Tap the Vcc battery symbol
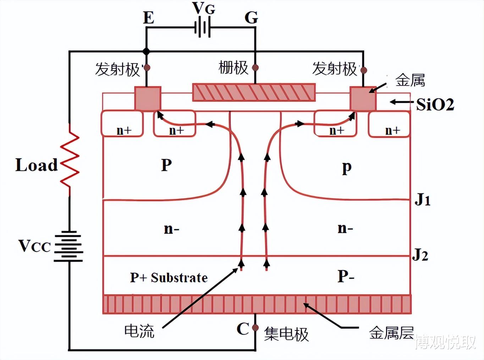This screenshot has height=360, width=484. click(68, 246)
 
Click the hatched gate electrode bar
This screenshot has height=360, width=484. click(254, 93)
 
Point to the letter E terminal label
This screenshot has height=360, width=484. click(149, 17)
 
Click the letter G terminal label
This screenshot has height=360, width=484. click(251, 17)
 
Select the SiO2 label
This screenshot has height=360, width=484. click(435, 104)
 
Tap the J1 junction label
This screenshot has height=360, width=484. click(423, 200)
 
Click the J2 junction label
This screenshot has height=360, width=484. click(420, 255)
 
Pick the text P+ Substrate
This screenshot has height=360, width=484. click(169, 277)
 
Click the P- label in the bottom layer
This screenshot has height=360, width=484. click(346, 276)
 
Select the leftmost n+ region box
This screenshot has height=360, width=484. click(122, 124)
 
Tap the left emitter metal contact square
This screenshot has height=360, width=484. click(148, 98)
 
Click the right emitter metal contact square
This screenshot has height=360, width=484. click(363, 98)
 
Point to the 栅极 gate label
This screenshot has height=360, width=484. click(233, 67)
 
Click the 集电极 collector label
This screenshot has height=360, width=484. click(286, 334)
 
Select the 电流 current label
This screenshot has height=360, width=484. click(139, 331)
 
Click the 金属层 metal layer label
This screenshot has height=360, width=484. click(391, 333)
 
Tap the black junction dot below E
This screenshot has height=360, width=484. click(146, 51)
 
